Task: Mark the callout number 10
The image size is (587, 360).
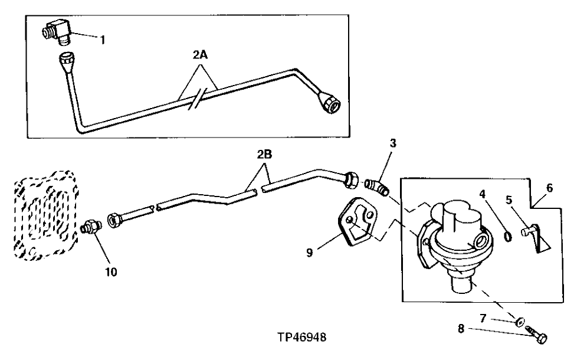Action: click(x=111, y=272)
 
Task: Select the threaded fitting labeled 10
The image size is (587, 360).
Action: click(x=91, y=227)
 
